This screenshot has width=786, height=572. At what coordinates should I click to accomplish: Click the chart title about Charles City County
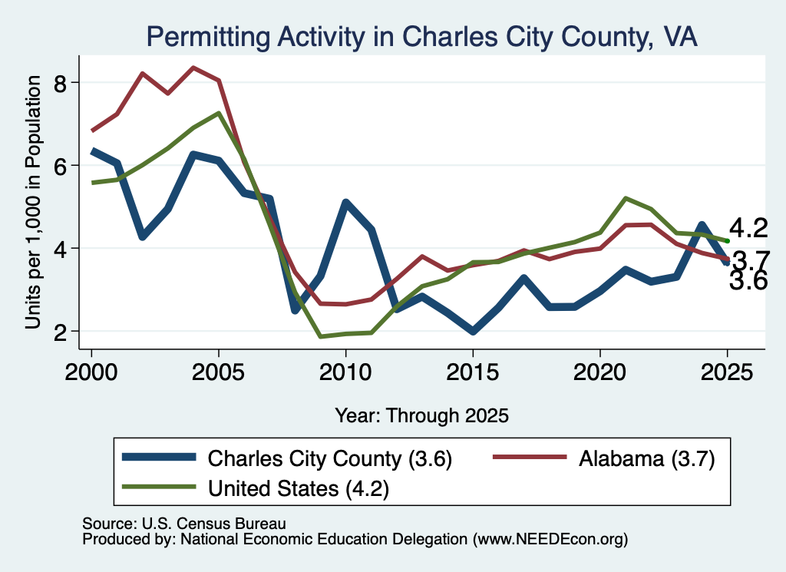[421, 37]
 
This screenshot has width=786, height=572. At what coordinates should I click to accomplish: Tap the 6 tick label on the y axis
[60, 165]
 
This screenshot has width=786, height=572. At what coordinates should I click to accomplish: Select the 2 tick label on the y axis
[60, 332]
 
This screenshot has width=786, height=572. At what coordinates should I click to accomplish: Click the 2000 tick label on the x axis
[91, 372]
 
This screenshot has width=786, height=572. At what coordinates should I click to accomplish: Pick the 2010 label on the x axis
[345, 372]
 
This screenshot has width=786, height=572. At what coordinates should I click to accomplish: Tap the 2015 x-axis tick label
[473, 372]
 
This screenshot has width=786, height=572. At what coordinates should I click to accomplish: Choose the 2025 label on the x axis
[727, 372]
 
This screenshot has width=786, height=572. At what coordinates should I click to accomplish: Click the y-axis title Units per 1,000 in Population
[33, 202]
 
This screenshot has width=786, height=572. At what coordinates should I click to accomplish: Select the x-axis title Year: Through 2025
[421, 415]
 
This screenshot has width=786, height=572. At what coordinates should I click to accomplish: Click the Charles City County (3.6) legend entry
[287, 458]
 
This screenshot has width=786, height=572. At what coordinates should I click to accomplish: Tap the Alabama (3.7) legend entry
[604, 458]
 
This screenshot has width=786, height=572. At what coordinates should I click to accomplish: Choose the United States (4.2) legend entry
[256, 488]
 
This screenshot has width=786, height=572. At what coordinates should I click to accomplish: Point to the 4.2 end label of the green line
[748, 228]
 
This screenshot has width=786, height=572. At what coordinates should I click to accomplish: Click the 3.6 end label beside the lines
[748, 281]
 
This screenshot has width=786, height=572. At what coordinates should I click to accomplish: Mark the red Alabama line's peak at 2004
[193, 68]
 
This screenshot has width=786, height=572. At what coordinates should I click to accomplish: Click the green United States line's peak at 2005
[219, 114]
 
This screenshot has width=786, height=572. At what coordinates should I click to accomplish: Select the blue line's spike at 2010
[346, 203]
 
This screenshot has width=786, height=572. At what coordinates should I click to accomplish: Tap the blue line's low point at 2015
[473, 332]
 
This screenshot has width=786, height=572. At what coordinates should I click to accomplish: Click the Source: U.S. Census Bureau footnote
[184, 524]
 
